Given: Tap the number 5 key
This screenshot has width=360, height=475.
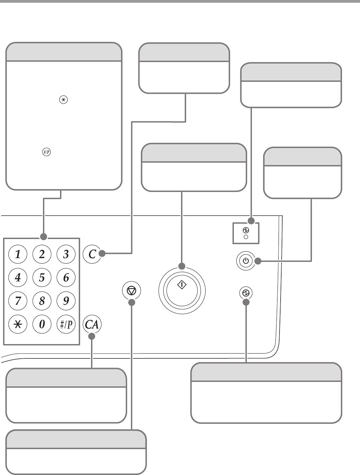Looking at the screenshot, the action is [42, 278].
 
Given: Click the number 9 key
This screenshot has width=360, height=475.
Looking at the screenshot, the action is [66, 301].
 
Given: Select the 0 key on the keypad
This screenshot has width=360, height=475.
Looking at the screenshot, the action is [42, 324].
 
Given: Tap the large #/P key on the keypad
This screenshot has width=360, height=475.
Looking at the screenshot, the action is [66, 324].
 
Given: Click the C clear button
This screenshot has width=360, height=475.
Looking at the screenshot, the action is [92, 254].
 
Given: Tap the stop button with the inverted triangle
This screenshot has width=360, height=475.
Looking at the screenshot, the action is [131, 291].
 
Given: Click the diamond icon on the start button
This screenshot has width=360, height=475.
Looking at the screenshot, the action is [182, 285].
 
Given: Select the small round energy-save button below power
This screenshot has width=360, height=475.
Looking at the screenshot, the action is [246, 293].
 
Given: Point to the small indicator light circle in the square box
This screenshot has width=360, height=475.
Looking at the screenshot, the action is [246, 237].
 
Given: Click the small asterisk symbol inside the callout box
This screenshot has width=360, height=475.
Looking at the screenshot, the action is [63, 100].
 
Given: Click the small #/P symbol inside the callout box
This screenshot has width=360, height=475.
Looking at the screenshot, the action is [46, 152].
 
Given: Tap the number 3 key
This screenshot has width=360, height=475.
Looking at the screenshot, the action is [66, 254].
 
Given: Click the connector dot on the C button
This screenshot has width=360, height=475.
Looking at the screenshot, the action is [102, 253].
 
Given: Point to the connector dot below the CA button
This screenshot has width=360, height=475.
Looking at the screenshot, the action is [92, 336].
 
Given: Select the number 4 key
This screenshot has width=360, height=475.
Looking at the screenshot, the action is [18, 278].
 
